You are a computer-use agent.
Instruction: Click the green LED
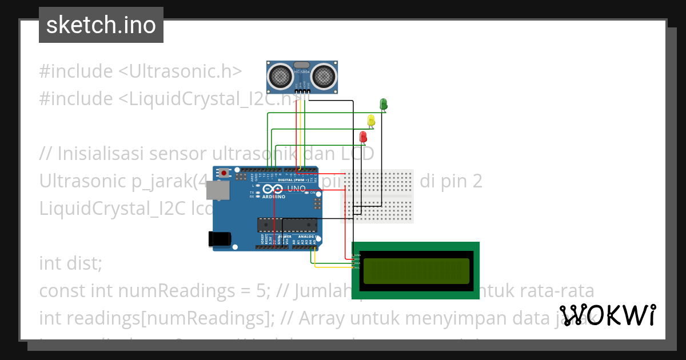coord(384,103)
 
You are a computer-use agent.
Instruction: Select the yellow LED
coord(371,120)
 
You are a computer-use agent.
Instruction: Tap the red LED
coord(363,137)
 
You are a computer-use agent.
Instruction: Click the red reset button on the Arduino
coord(225,173)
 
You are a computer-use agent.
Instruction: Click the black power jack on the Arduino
coord(220,238)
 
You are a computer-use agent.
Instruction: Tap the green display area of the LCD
coord(416,270)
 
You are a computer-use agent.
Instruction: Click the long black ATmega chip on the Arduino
coord(286,226)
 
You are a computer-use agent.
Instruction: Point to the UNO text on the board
coord(296,188)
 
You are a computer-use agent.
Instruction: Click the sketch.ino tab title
coord(101,25)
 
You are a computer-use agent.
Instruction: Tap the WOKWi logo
coord(607,315)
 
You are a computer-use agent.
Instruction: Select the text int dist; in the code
coord(70,263)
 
